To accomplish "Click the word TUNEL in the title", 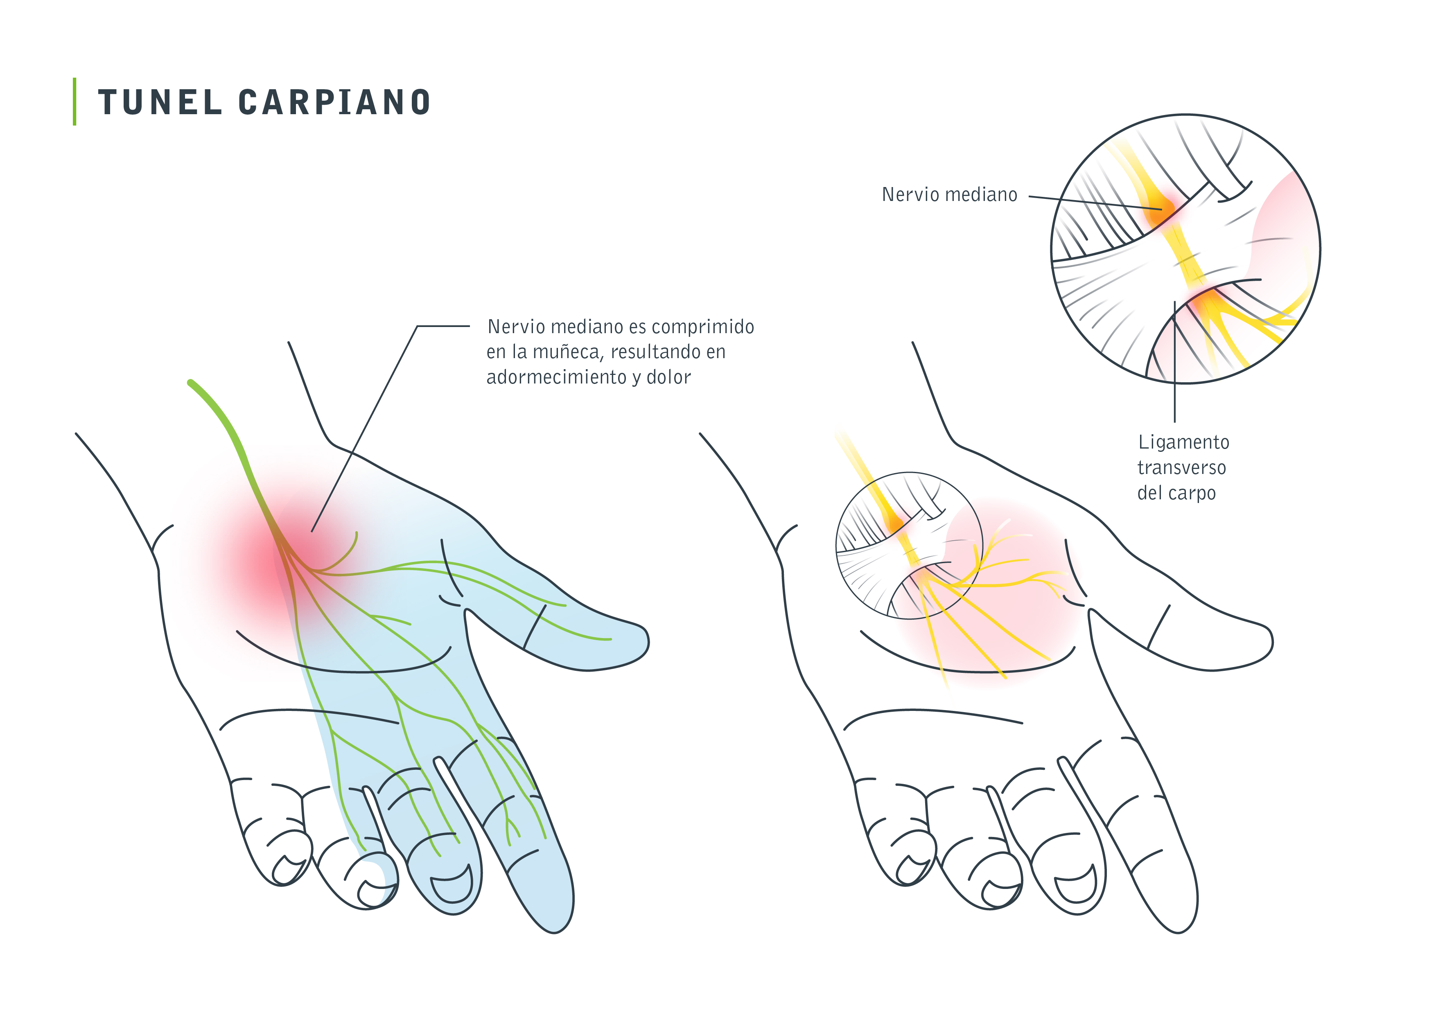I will point(160,102).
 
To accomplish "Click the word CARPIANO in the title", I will point(334,102).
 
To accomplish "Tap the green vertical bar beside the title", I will point(75,101).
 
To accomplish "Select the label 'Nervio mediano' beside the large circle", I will point(949,194).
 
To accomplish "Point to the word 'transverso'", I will point(1181,468).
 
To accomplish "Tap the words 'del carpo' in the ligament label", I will point(1176,494).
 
